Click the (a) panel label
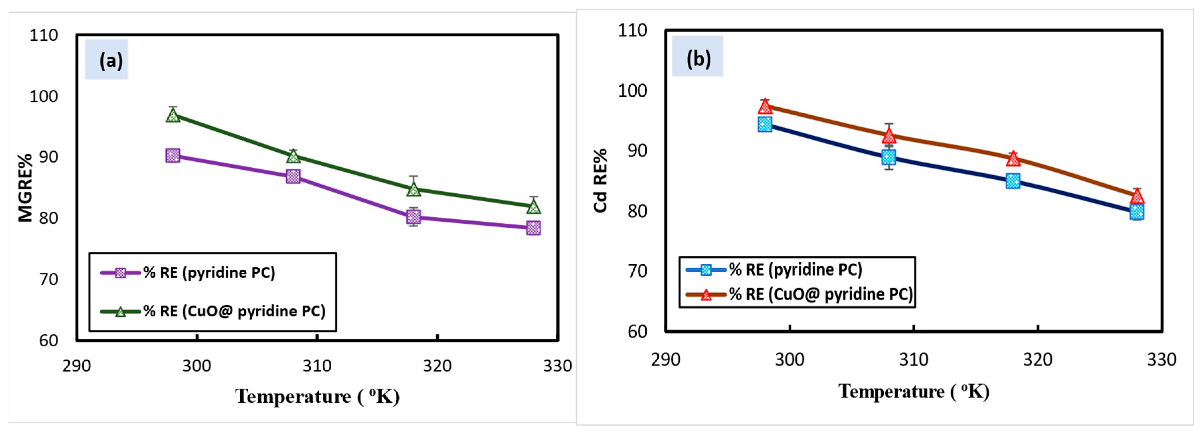tap(111, 60)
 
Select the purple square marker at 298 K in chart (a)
tap(173, 155)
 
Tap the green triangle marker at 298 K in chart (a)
tap(173, 114)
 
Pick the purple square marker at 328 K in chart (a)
tap(533, 228)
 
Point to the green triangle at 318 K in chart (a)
tap(413, 189)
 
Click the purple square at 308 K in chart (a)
tap(293, 176)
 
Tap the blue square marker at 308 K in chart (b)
tap(889, 157)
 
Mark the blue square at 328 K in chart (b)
tap(1137, 212)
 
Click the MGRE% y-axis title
tap(25, 188)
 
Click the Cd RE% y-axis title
tap(601, 181)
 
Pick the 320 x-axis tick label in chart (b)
tap(1038, 359)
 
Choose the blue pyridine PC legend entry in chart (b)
tap(774, 269)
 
